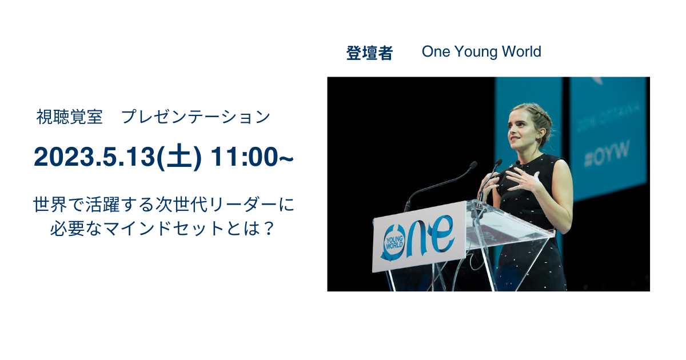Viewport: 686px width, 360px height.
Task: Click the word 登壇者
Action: pos(369,53)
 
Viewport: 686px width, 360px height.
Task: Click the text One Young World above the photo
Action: pos(481,51)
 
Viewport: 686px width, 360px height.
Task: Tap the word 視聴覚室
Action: pos(69,117)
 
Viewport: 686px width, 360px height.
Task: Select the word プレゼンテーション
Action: pos(196,117)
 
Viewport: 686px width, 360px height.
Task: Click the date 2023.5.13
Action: pos(95,157)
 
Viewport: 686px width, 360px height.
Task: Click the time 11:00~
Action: pos(252,157)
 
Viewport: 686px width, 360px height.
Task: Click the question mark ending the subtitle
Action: pos(268,229)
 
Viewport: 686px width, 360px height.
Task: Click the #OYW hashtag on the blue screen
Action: pos(607,154)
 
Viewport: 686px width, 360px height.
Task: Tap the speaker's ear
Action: pos(541,134)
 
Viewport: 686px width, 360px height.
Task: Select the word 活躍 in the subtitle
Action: pos(102,205)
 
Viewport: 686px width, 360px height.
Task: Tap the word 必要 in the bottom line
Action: pos(67,229)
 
